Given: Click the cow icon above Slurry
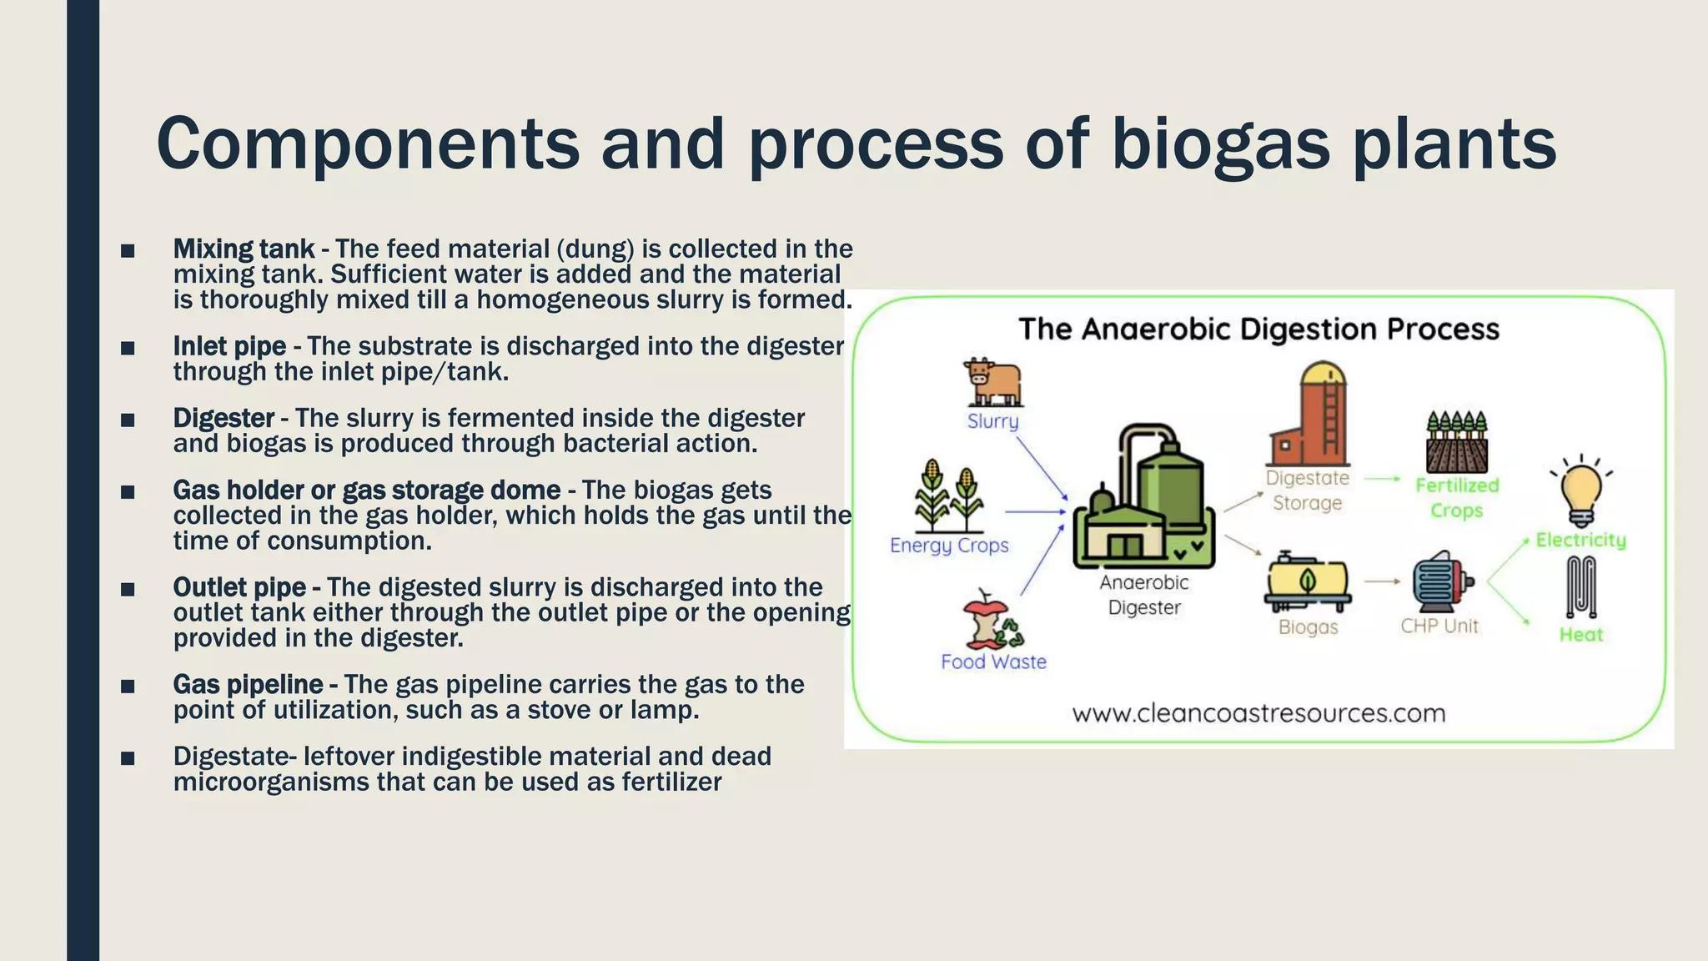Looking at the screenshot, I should tap(992, 383).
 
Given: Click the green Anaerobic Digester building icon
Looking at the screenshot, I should tap(1143, 497).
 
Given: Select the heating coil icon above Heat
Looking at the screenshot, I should tap(1580, 586).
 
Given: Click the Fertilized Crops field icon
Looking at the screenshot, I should tap(1456, 442).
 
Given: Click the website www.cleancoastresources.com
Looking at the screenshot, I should tap(1258, 713).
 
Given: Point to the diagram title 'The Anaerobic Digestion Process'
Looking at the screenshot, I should tap(1258, 329).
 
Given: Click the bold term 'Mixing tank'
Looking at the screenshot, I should tap(244, 249).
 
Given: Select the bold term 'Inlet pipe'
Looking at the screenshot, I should tap(229, 346).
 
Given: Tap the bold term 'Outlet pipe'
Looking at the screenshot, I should tap(239, 587).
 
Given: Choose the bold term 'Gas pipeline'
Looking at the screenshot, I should tap(248, 685).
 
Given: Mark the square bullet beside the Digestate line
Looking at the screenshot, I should tap(128, 758).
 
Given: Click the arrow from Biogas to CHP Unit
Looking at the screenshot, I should tap(1383, 581).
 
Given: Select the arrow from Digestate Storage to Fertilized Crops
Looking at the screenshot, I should tap(1383, 479).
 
